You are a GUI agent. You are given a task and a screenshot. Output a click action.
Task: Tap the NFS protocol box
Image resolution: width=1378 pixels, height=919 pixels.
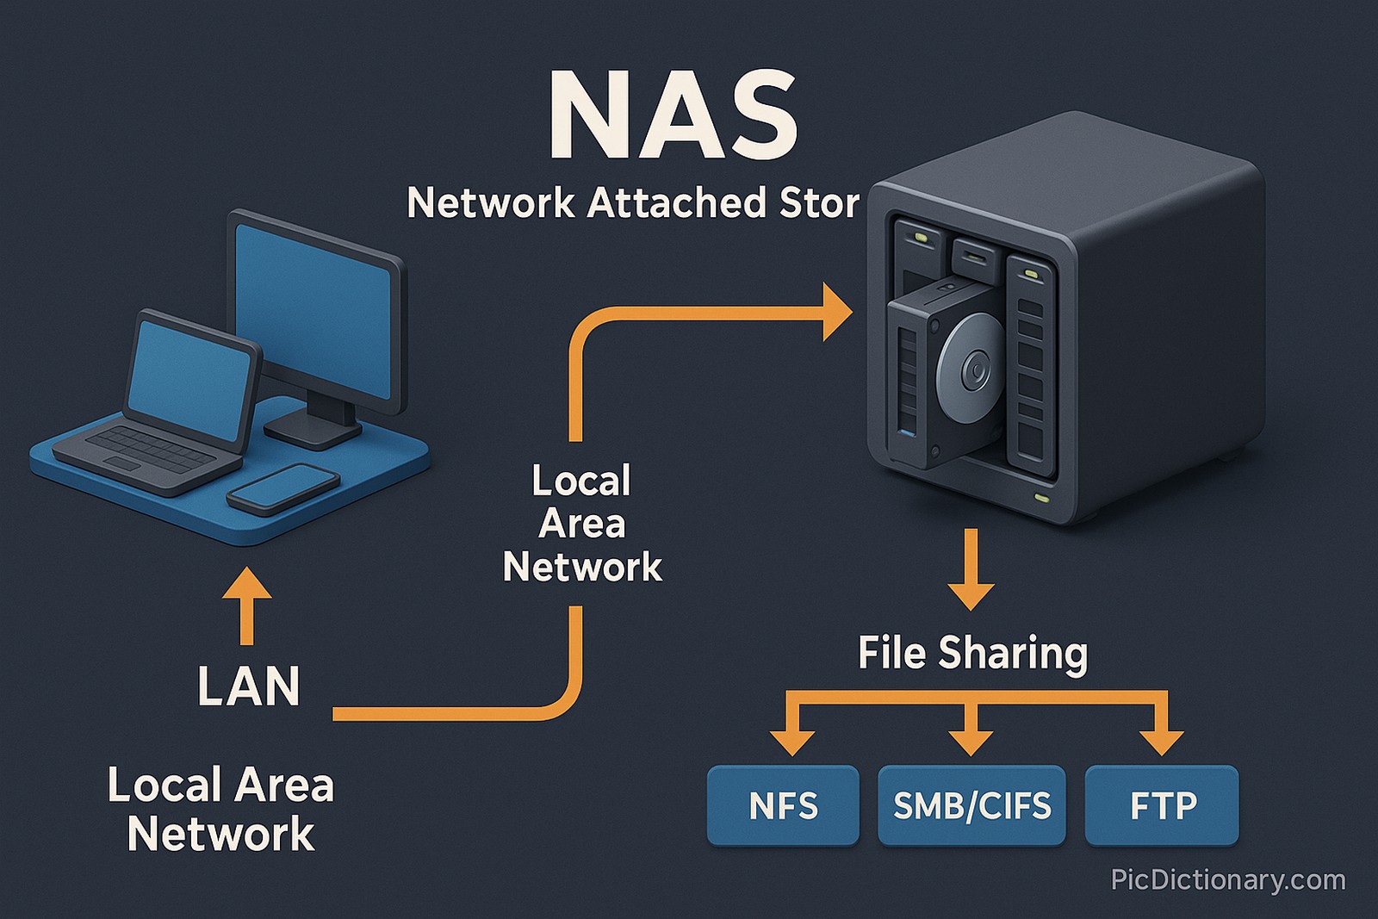783,806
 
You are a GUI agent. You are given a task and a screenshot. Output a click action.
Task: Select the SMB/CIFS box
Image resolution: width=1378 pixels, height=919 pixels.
971,806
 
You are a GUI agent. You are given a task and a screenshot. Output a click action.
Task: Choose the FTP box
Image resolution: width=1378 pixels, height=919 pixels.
1162,806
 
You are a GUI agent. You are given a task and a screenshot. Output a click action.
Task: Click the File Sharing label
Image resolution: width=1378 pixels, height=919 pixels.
972,653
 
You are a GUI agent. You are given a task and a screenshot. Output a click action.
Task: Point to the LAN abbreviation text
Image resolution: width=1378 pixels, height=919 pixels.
249,686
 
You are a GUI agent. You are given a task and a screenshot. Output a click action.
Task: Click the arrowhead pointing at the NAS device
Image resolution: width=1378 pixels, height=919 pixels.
835,311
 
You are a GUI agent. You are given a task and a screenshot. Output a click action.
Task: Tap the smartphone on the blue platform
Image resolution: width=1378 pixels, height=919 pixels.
283,488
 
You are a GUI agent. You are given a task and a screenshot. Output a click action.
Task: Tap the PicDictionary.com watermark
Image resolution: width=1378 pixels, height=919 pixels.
1228,880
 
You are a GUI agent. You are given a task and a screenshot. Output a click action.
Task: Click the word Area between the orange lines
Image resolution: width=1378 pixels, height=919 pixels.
582,524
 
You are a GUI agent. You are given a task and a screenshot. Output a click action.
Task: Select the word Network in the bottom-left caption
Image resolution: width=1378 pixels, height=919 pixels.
221,834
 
